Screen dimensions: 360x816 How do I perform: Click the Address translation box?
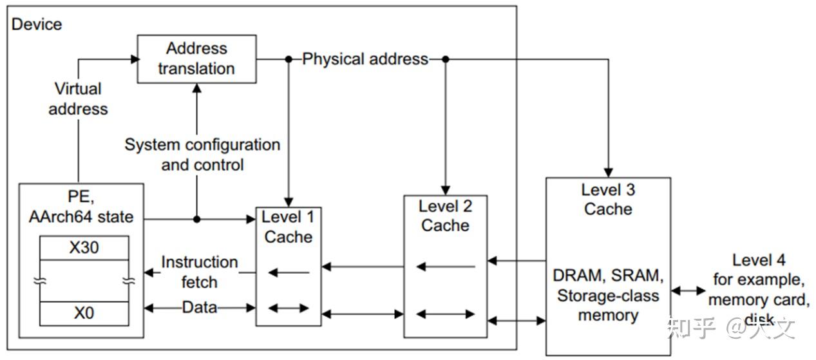[196, 59]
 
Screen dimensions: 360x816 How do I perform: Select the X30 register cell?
[84, 247]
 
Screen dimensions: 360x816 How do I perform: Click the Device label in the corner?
[37, 24]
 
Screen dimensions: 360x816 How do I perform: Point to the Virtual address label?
[78, 99]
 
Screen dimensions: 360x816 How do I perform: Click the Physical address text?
[365, 59]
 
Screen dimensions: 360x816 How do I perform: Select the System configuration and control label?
[202, 155]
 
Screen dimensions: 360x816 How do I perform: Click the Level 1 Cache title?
[288, 227]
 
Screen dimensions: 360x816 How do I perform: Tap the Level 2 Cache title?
[445, 216]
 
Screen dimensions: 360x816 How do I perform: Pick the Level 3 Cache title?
[608, 199]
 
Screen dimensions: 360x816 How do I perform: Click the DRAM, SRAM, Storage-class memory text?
[608, 296]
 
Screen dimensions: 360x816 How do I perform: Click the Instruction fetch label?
[199, 272]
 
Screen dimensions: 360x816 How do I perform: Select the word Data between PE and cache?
[199, 308]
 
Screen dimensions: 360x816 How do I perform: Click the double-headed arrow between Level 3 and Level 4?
[688, 291]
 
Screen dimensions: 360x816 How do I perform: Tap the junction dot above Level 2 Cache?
[445, 59]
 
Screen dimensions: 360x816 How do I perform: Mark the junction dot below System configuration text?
[197, 219]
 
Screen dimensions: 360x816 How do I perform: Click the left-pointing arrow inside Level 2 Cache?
[445, 267]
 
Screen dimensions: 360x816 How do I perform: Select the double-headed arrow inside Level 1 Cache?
[288, 308]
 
